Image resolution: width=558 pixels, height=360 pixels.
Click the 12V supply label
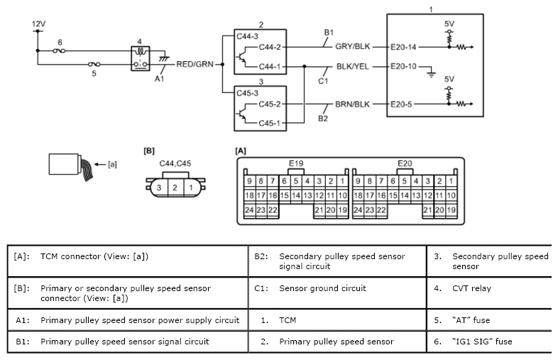click(38, 23)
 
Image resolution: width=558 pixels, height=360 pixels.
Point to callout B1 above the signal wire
click(329, 33)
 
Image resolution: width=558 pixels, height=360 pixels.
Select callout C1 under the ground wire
click(323, 80)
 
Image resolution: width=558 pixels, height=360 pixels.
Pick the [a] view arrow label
click(111, 165)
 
